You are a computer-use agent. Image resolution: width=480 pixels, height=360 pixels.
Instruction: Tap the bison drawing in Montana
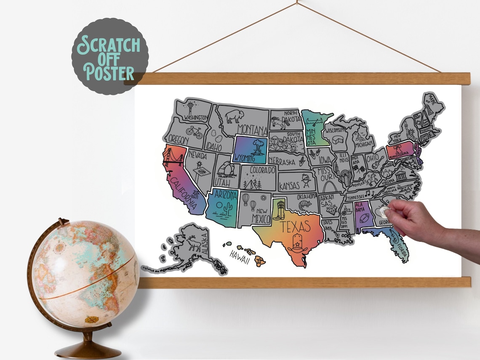tap(234, 116)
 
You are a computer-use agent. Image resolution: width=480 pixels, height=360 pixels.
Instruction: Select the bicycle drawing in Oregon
tap(194, 132)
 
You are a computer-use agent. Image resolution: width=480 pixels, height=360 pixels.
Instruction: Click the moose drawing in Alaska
tap(195, 244)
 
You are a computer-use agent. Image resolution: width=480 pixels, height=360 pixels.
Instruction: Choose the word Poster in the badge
tap(109, 73)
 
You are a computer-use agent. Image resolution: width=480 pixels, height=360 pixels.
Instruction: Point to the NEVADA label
tap(197, 155)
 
